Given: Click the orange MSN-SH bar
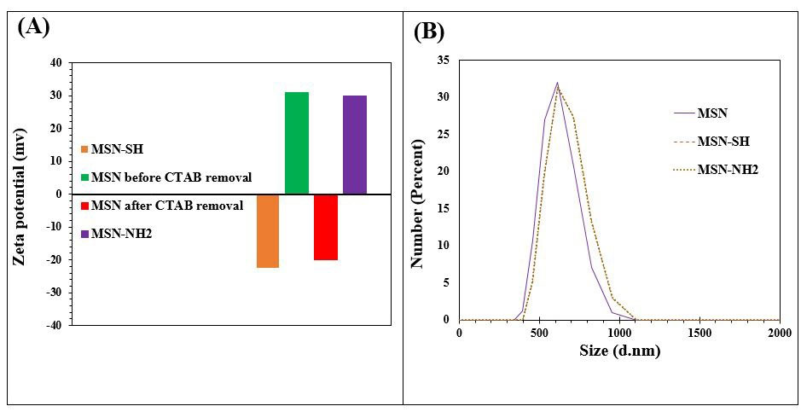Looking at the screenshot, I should (268, 231).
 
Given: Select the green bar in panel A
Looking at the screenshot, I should (297, 142).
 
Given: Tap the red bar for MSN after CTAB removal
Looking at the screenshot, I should (326, 227).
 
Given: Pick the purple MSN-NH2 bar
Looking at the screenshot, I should (355, 144).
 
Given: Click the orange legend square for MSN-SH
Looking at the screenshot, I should (84, 151).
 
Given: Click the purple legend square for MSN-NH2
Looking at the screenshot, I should (84, 234).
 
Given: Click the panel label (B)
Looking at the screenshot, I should (429, 32).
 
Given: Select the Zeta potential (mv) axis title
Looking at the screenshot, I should (20, 194).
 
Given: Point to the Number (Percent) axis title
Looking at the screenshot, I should (418, 189).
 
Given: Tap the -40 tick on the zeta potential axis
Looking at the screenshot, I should (55, 325).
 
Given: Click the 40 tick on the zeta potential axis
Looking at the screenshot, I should (56, 62).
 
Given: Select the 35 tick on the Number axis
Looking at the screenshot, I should (444, 60).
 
